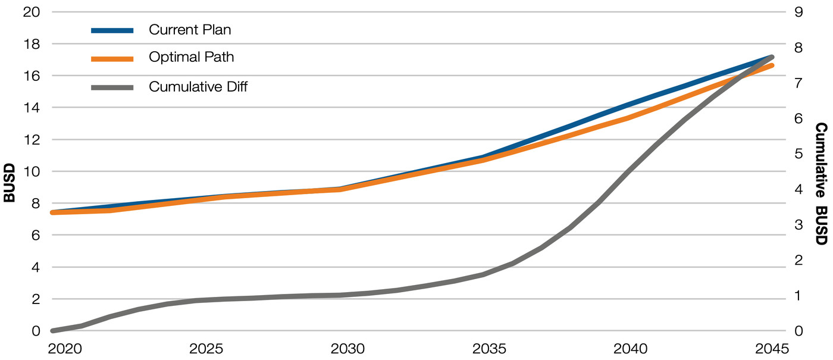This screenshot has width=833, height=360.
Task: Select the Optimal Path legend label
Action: (x=191, y=58)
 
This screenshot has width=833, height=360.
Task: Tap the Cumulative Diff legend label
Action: (x=198, y=87)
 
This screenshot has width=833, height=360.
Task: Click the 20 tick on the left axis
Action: (x=30, y=12)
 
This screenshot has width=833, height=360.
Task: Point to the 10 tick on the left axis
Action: (x=30, y=171)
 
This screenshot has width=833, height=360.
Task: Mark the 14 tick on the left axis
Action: (x=30, y=108)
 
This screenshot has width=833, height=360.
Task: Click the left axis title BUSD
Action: (x=10, y=171)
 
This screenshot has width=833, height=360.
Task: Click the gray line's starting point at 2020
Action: (x=53, y=330)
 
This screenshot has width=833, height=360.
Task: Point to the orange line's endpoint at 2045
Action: (x=772, y=65)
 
